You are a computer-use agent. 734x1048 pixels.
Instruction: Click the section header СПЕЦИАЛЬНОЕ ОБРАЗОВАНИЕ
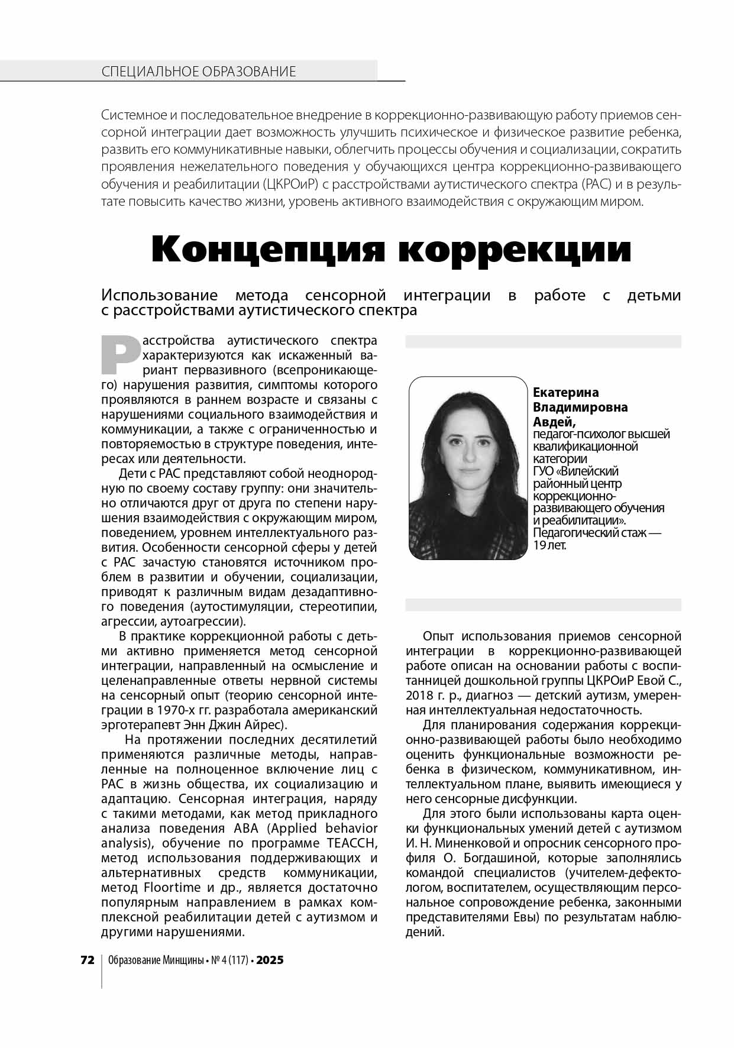199,72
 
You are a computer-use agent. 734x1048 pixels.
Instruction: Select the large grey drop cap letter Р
120,355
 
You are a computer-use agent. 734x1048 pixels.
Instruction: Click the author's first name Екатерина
565,393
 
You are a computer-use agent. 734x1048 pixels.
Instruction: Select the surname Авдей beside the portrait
554,422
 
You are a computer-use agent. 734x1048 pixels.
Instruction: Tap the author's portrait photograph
467,467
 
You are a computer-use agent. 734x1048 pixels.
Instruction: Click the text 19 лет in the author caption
549,545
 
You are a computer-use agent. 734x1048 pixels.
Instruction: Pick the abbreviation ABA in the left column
251,828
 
